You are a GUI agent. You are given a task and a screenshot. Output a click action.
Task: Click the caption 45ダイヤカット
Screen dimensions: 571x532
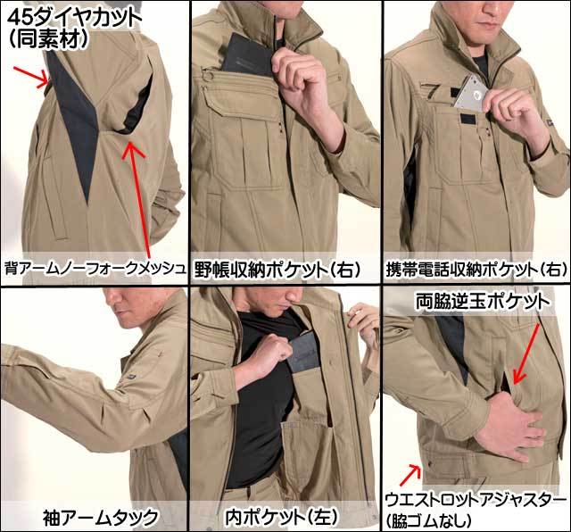click(74, 17)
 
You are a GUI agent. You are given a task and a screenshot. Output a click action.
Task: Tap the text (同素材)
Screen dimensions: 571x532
click(49, 39)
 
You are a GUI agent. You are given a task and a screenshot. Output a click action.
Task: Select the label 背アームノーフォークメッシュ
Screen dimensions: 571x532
click(95, 269)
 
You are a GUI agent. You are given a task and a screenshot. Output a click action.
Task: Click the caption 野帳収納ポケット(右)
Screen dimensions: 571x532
click(277, 270)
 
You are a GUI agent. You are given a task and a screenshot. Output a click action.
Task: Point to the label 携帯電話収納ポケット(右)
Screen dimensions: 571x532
click(476, 270)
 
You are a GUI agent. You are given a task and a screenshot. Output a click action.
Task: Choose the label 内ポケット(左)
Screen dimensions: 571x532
click(282, 517)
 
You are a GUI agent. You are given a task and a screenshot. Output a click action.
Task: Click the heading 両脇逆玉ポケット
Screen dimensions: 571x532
click(483, 302)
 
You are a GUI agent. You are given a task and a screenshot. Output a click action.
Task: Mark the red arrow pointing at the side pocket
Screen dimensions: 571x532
click(526, 354)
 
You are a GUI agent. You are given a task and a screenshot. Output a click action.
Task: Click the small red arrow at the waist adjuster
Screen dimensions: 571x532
click(411, 475)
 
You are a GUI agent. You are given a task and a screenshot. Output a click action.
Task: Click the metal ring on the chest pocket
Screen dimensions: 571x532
click(207, 77)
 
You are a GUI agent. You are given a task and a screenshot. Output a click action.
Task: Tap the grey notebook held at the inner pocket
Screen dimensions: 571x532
click(305, 353)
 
